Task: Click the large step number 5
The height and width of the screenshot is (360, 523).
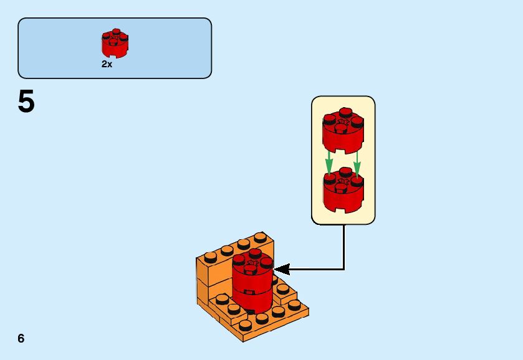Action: coord(26,102)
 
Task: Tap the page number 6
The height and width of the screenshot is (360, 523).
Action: coord(21,338)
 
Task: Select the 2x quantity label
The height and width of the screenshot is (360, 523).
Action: coord(107,64)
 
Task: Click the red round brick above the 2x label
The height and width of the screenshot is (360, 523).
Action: coord(115,44)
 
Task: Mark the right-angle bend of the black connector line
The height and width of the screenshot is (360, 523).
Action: coord(343,269)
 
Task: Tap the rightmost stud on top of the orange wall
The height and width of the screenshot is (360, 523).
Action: coord(259,236)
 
